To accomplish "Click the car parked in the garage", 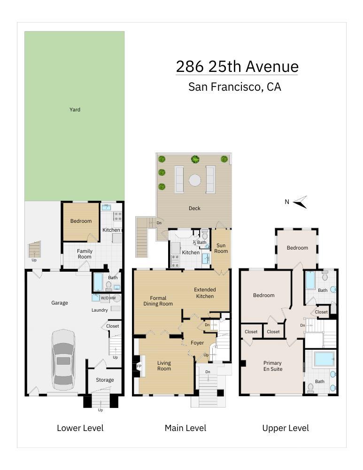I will click(x=63, y=360).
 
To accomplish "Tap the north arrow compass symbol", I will click(x=300, y=202).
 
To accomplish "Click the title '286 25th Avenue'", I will click(x=237, y=67).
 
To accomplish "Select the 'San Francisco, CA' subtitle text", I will click(x=234, y=87).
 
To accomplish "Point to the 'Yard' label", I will click(x=75, y=110).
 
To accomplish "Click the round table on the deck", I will click(x=195, y=180).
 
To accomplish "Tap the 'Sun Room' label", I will click(x=221, y=248).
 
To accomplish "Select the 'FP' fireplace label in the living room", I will click(x=139, y=366).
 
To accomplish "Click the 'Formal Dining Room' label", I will click(x=158, y=301).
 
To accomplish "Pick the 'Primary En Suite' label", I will click(x=272, y=366).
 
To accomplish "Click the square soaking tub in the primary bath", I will click(x=324, y=359).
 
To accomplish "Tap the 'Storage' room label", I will click(x=105, y=380).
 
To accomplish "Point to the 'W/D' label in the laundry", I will click(x=104, y=298).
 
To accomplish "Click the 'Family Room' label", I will click(x=85, y=254).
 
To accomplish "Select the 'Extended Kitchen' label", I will click(x=205, y=293).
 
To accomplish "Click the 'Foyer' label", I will click(x=197, y=343).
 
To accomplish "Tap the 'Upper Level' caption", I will click(x=286, y=428).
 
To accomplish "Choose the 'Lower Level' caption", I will click(x=80, y=428).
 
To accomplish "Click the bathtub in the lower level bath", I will click(x=98, y=282).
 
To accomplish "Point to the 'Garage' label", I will click(x=60, y=303).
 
